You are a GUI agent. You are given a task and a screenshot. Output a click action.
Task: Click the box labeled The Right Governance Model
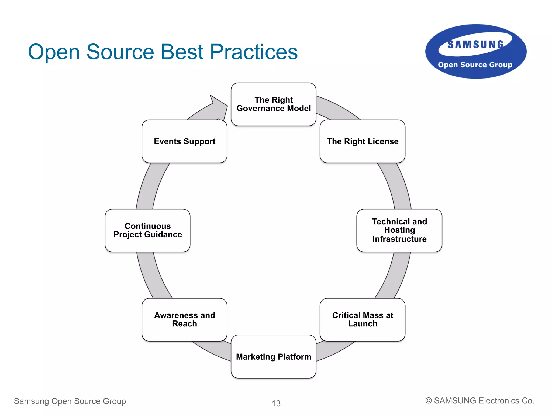coord(273,104)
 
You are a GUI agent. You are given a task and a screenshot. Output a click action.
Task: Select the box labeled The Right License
coord(362,141)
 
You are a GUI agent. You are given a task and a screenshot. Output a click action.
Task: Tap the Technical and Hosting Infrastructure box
coord(399,230)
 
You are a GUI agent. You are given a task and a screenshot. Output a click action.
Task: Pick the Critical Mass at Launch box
coord(362,319)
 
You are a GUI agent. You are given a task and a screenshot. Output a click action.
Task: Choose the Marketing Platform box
coord(273,357)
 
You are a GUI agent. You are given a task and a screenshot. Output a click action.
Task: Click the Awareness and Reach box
coord(184,319)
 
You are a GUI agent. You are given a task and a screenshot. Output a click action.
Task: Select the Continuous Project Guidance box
coord(147,230)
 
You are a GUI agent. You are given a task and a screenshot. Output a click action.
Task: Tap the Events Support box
coord(184,141)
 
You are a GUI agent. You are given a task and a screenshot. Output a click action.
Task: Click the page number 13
coord(276,403)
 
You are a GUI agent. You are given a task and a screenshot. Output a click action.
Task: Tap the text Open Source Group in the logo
coord(475,65)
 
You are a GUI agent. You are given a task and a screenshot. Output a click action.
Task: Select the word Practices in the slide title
coord(254,52)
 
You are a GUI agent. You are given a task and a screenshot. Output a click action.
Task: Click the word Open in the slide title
coord(54,52)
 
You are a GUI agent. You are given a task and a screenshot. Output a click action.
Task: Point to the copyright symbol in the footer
coord(428,401)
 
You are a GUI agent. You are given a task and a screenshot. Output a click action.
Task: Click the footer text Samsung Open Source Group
coord(70,401)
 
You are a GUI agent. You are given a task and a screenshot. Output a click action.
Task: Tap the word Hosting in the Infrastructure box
coord(399,230)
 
